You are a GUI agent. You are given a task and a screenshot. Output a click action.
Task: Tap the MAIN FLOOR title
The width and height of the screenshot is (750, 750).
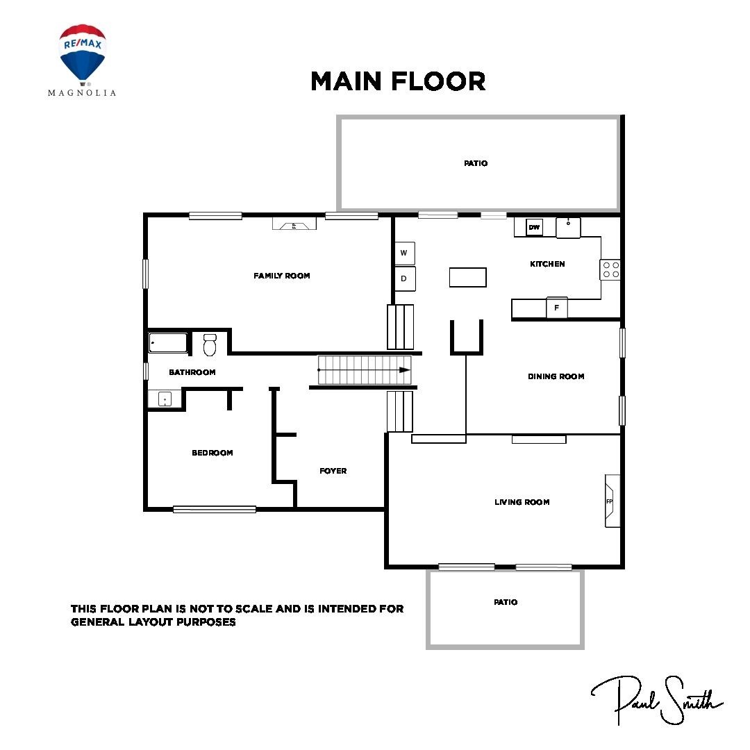pos(398,81)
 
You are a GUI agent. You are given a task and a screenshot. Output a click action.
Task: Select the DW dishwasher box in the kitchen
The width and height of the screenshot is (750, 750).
pos(534,227)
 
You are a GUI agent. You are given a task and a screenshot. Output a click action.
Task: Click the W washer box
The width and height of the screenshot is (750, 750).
pos(404,253)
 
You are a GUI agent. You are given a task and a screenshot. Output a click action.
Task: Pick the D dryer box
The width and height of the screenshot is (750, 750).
pos(405,278)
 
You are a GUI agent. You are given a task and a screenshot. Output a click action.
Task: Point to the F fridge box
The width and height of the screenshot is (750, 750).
pos(557,308)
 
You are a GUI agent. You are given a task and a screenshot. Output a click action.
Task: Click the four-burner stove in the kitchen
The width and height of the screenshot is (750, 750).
pos(610,269)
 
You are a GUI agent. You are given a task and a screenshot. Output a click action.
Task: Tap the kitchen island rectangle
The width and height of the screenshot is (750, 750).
pos(468,277)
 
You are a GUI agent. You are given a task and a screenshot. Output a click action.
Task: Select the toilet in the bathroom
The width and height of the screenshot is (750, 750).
pos(210,344)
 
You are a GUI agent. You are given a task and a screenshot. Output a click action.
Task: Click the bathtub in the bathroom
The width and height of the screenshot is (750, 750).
pos(167,342)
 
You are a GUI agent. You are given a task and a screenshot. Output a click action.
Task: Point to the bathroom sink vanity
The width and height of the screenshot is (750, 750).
pos(165,399)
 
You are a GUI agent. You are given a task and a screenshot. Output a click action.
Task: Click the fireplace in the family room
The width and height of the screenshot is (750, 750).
pos(294,224)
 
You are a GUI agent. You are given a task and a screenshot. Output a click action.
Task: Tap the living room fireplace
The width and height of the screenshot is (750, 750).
pos(612,501)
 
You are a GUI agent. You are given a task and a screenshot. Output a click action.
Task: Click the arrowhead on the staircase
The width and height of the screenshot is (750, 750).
pos(405,369)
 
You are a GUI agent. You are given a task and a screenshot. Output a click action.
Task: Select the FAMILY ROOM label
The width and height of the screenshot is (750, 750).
pos(282,276)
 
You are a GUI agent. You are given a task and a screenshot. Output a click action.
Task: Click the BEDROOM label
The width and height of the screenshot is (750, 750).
pos(212,453)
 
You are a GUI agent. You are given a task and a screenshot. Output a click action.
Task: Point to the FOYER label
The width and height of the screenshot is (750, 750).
pos(333,471)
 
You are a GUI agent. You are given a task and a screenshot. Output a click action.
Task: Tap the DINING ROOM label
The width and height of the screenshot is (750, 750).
pos(556,376)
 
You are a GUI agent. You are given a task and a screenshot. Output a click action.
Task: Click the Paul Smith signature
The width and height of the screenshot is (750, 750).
pos(657,700)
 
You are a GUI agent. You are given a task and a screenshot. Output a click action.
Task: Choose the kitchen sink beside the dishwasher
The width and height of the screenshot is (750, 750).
pos(568,228)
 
